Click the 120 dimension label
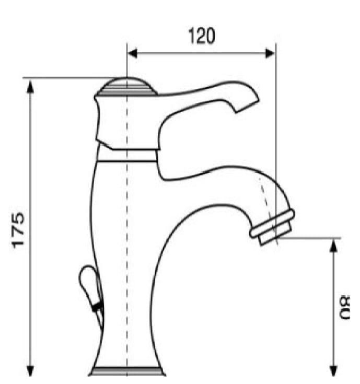click(202, 36)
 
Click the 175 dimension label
click(18, 230)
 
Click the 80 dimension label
click(344, 307)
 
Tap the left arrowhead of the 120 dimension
click(133, 53)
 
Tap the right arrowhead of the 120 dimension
click(270, 53)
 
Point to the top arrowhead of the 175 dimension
click(30, 87)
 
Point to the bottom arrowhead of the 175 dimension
click(30, 370)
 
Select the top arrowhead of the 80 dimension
click(333, 245)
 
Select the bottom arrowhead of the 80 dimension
click(333, 370)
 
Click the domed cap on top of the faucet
click(127, 86)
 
